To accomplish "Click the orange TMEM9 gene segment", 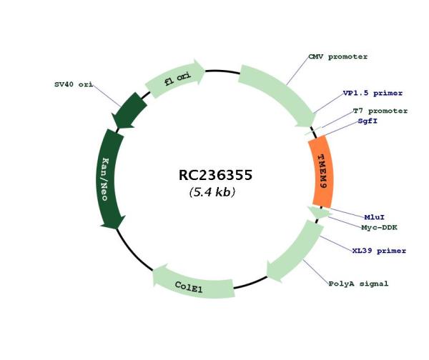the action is [x=321, y=171].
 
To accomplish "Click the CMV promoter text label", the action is [x=338, y=57].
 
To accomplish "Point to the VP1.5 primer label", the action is [x=373, y=93].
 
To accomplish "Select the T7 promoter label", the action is [x=380, y=111].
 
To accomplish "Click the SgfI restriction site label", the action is [x=368, y=121].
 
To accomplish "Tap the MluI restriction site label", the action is [x=374, y=217].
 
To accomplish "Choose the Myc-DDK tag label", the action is [x=379, y=227].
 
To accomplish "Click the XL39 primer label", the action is [x=379, y=251].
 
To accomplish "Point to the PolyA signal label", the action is [x=358, y=284].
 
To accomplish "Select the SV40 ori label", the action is [x=74, y=84].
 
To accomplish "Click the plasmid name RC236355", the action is [x=215, y=175].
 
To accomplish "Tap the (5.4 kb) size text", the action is [x=212, y=192].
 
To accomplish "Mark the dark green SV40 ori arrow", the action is [x=128, y=111].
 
